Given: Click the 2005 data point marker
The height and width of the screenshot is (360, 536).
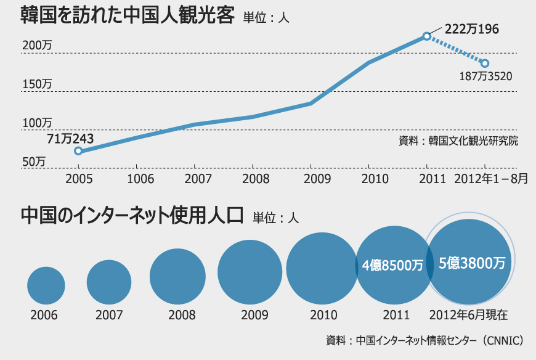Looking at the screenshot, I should click(78, 150).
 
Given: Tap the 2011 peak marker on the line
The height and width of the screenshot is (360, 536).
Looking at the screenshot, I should click(426, 36).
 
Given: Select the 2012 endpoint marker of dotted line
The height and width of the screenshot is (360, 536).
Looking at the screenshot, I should click(485, 63).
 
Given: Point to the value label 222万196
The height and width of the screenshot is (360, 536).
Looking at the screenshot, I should click(471, 28).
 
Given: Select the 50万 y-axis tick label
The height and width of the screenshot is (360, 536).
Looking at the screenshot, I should click(35, 162).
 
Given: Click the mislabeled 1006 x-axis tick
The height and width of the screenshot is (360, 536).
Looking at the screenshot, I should click(136, 179).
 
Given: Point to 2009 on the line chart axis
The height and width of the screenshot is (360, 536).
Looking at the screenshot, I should click(311, 179).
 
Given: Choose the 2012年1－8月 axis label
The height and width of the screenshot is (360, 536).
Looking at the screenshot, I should click(491, 179).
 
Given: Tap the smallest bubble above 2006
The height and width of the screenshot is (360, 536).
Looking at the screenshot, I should click(46, 285).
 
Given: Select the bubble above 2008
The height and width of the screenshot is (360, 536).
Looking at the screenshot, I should click(177, 277).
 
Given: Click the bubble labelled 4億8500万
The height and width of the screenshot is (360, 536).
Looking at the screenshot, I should click(392, 265).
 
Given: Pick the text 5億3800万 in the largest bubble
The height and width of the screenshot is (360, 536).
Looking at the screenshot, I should click(472, 263).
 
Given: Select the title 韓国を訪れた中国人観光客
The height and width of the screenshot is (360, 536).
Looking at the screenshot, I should click(128, 15).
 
